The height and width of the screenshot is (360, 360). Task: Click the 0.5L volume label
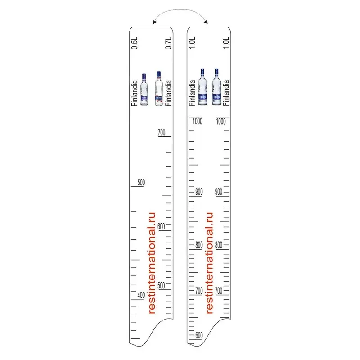135,43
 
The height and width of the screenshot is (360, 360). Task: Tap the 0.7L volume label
168,43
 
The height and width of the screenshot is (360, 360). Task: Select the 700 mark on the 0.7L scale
162,132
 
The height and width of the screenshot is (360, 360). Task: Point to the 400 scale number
141,295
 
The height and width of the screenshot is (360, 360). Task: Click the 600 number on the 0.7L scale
161,226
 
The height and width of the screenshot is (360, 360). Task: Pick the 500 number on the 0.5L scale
141,183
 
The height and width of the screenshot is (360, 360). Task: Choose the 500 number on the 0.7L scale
161,285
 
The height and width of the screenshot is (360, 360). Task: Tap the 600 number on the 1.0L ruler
199,335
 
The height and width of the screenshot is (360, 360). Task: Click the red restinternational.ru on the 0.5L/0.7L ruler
152,263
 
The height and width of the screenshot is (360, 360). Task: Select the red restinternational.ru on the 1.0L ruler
209,263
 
